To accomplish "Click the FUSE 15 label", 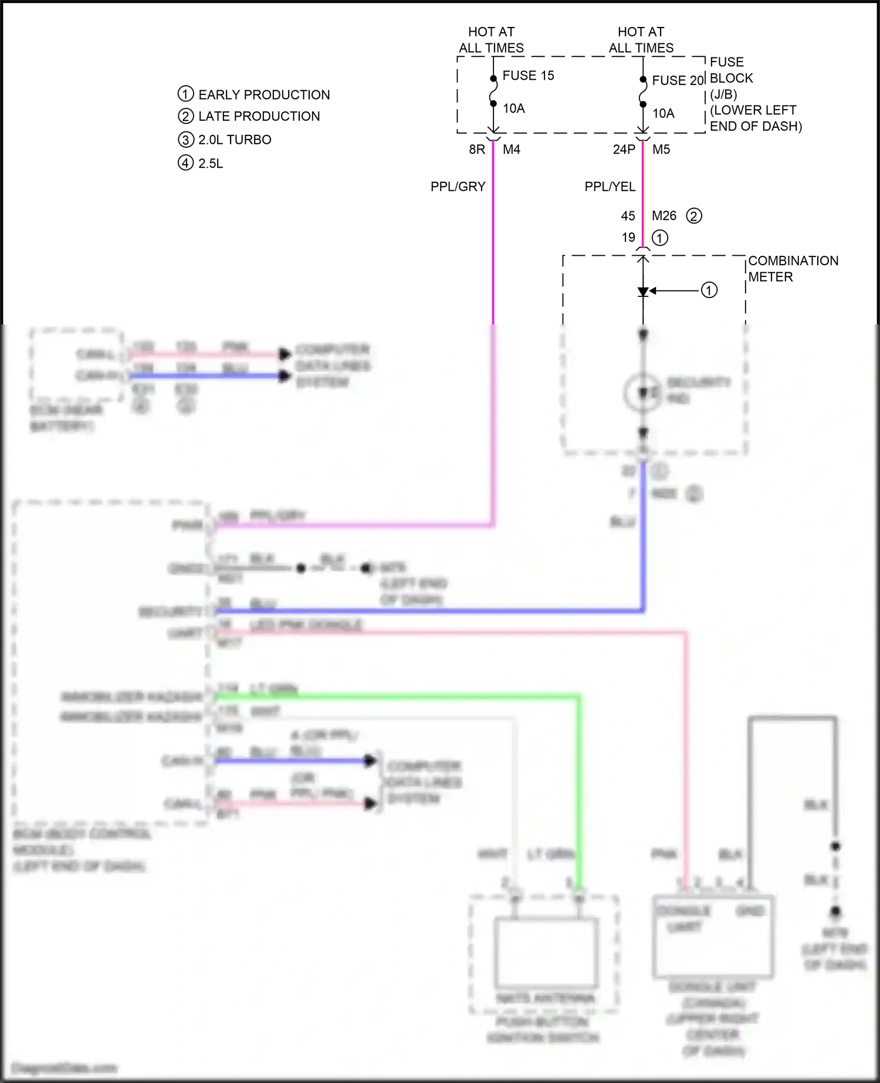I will pyautogui.click(x=528, y=76).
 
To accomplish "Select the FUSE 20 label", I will pyautogui.click(x=678, y=80).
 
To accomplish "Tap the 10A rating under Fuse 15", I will pyautogui.click(x=513, y=109).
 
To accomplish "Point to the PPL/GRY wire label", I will pyautogui.click(x=458, y=187).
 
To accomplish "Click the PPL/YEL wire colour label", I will pyautogui.click(x=610, y=187).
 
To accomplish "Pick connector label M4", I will pyautogui.click(x=511, y=150).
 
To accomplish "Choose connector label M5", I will pyautogui.click(x=661, y=150).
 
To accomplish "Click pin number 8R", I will pyautogui.click(x=476, y=150).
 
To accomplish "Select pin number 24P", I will pyautogui.click(x=624, y=150).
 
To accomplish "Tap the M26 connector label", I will pyautogui.click(x=664, y=216).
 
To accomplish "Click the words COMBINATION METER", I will pyautogui.click(x=793, y=269).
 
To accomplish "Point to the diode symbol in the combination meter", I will pyautogui.click(x=643, y=292).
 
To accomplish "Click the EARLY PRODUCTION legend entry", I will pyautogui.click(x=263, y=95).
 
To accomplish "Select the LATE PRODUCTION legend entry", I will pyautogui.click(x=259, y=116).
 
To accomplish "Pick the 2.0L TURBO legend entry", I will pyautogui.click(x=235, y=140).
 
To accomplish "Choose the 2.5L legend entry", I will pyautogui.click(x=211, y=163).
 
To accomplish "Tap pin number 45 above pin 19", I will pyautogui.click(x=628, y=216).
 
